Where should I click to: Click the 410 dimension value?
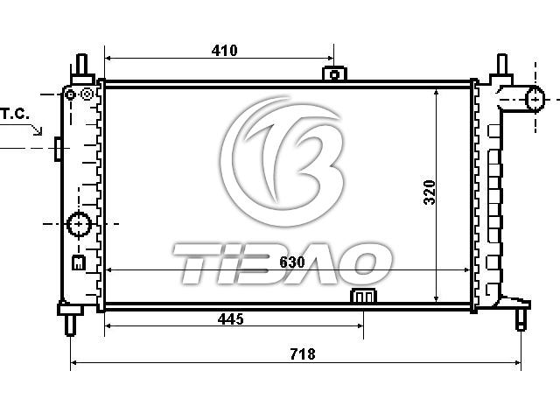click(224, 51)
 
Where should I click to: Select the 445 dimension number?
click(231, 318)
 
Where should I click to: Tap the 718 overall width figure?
click(303, 353)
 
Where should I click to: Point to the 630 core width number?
click(292, 262)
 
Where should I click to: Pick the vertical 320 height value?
click(430, 192)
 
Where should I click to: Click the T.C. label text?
click(15, 114)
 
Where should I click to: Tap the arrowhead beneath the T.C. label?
click(38, 131)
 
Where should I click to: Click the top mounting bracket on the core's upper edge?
click(334, 73)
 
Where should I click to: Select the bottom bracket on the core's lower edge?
click(364, 296)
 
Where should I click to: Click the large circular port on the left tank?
click(80, 224)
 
